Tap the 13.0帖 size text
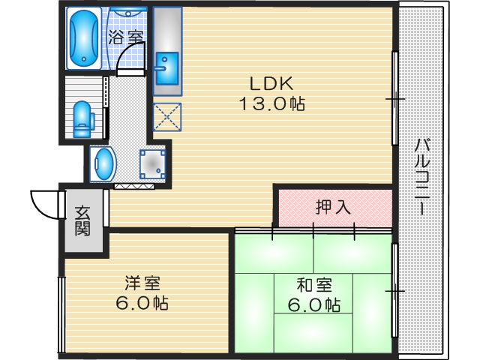[271, 105]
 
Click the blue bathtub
[82, 38]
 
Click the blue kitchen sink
[165, 70]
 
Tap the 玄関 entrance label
[82, 221]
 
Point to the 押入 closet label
[333, 207]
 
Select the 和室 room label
[313, 286]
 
